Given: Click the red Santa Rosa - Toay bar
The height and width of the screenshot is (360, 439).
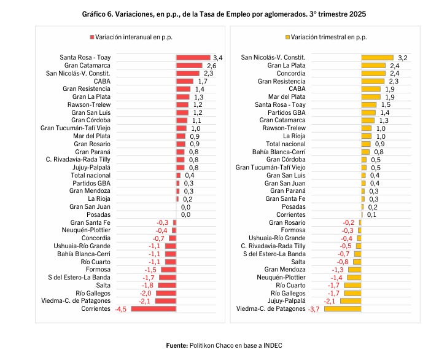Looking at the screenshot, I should pyautogui.click(x=193, y=57).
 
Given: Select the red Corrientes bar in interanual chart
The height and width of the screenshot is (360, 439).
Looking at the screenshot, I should pyautogui.click(x=154, y=309).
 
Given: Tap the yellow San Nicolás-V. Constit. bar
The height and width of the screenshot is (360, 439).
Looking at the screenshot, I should pyautogui.click(x=377, y=57).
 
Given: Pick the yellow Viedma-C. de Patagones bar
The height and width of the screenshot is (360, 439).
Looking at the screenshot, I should pyautogui.click(x=342, y=309).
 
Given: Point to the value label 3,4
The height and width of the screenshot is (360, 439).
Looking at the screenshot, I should pyautogui.click(x=217, y=57).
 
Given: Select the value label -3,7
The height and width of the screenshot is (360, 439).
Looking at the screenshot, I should pyautogui.click(x=314, y=309).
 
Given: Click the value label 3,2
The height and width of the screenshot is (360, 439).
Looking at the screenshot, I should pyautogui.click(x=403, y=57).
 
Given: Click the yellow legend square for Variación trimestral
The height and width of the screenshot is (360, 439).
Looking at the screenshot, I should pyautogui.click(x=287, y=37).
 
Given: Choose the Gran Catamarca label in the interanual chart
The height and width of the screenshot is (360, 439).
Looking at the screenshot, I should pyautogui.click(x=87, y=65).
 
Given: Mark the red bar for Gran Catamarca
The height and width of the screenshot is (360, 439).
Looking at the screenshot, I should pyautogui.click(x=189, y=65).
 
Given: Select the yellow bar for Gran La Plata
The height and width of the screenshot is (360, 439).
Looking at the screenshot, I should pyautogui.click(x=373, y=65).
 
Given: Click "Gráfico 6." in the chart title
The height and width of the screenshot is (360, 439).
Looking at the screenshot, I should pyautogui.click(x=99, y=13).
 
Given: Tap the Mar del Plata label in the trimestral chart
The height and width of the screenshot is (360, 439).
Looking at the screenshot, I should pyautogui.click(x=287, y=96).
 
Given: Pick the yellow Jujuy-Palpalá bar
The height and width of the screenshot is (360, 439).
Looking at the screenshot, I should pyautogui.click(x=350, y=301).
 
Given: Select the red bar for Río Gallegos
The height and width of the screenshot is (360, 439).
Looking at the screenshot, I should pyautogui.click(x=166, y=293).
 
